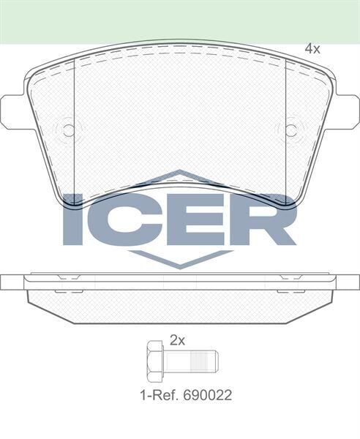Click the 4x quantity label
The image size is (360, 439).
pos(312,49)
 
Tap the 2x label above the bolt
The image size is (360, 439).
pos(177,339)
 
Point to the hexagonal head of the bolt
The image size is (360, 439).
pos(154,361)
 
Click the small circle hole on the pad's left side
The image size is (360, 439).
pos(69,130)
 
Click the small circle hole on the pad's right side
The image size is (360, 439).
pos(291,130)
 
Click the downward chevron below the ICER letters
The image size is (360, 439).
pos(179,258)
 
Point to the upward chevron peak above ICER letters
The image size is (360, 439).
pos(179,176)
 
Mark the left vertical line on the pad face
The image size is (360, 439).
pos(75,117)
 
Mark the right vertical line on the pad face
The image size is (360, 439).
pos(285,117)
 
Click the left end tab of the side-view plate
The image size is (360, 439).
pos(12,281)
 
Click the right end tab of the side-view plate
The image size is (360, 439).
pos(348,281)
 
